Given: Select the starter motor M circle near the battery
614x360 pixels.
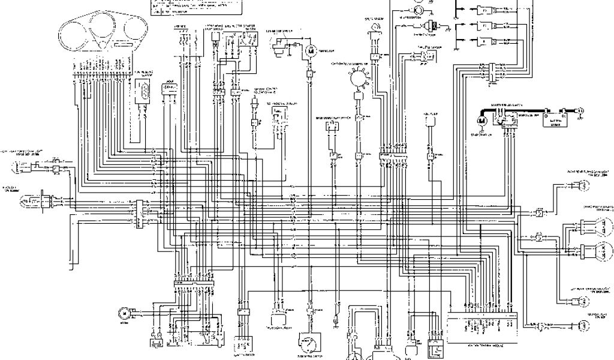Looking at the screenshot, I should [480, 121].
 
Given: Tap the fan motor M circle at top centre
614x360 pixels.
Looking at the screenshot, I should [312, 52].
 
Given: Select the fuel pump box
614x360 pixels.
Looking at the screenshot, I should [430, 120].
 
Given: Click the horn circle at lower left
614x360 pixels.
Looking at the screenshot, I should [125, 313].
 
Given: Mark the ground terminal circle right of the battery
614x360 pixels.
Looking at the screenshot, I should [580, 110].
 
